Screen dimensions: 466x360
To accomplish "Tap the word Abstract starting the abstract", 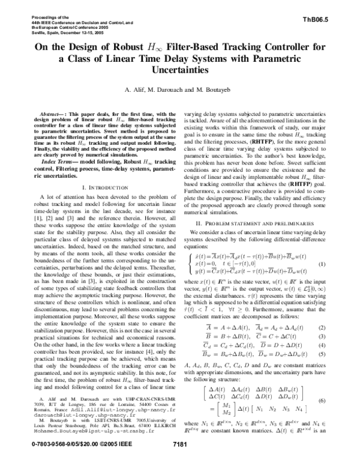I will [50, 113].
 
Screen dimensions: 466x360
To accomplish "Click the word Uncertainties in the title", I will [180, 70].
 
